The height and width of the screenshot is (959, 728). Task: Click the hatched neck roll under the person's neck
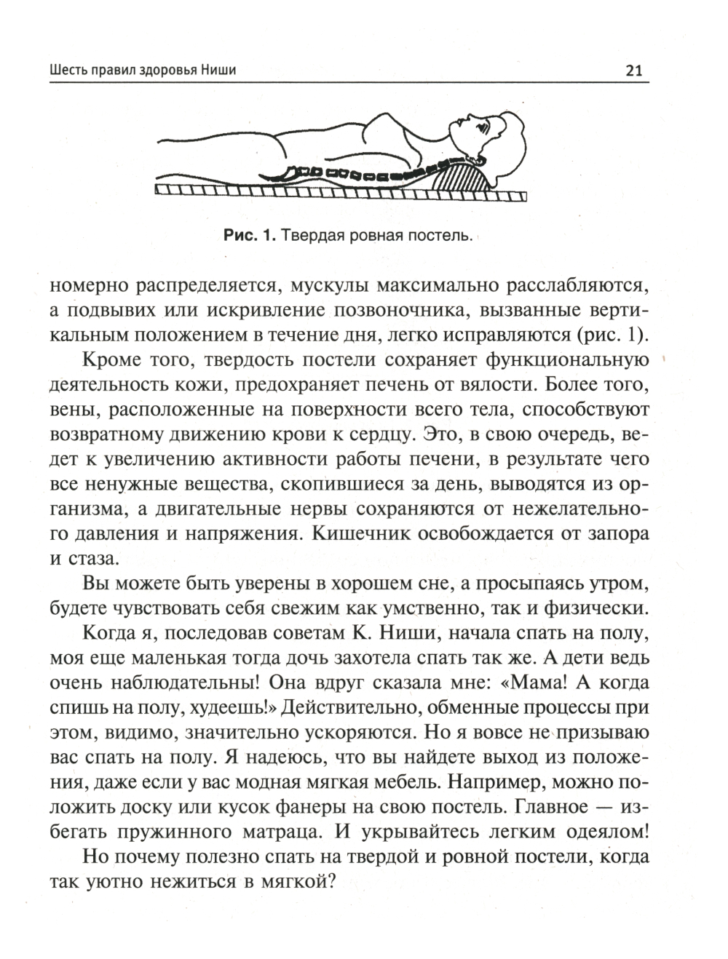click(458, 176)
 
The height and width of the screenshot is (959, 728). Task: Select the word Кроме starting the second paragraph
click(113, 361)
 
